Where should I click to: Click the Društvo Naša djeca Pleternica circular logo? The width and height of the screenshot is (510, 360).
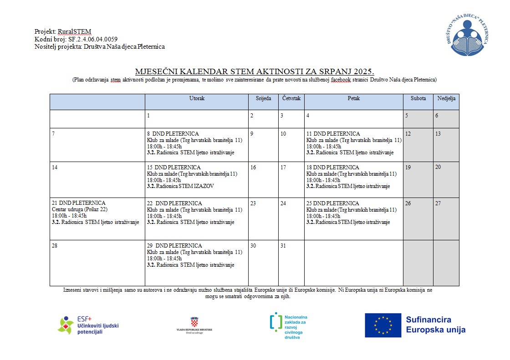[469, 35]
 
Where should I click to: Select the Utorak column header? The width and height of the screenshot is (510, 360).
[197, 98]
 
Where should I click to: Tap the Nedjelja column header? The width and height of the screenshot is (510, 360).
[446, 98]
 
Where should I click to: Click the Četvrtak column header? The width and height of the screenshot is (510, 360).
[291, 98]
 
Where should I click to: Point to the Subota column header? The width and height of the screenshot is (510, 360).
[418, 98]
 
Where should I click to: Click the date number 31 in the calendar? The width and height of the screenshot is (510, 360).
[283, 246]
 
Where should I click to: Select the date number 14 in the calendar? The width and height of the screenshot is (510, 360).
[55, 167]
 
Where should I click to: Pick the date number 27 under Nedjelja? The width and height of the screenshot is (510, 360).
[438, 203]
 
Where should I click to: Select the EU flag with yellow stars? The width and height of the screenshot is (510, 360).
[382, 325]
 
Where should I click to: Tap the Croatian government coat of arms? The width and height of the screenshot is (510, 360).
[194, 321]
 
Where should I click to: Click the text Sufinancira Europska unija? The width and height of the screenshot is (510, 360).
[435, 325]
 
